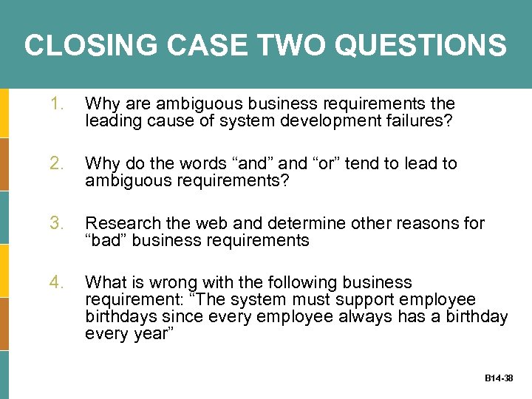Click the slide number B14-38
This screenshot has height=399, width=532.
pyautogui.click(x=499, y=378)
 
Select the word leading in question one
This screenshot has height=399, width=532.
pyautogui.click(x=110, y=121)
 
